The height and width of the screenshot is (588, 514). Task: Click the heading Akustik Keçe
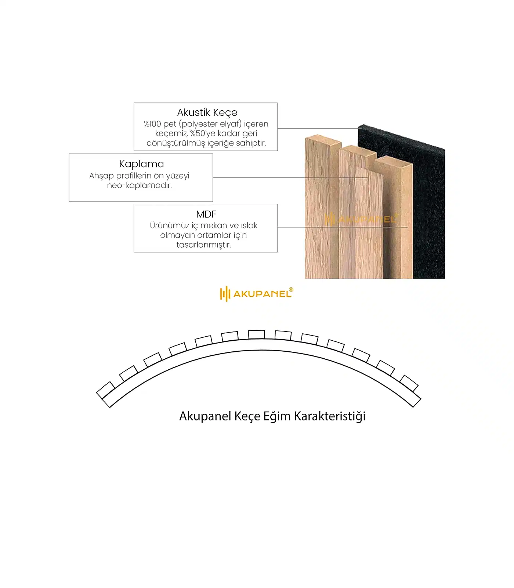click(207, 112)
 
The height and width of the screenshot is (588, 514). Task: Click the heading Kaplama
click(141, 164)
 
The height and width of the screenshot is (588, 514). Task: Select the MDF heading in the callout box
click(206, 214)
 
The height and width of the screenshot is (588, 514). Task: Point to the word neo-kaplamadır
click(140, 185)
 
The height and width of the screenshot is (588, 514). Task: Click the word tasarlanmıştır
click(203, 245)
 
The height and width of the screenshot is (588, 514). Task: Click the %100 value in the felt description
click(152, 124)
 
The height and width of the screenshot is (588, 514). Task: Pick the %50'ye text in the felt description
click(203, 133)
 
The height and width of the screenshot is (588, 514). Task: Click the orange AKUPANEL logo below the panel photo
click(256, 294)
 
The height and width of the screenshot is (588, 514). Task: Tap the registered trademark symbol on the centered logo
click(291, 290)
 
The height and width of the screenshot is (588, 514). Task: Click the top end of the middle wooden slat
click(358, 150)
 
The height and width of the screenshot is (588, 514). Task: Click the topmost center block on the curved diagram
click(256, 334)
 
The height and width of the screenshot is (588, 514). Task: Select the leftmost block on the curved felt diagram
click(106, 390)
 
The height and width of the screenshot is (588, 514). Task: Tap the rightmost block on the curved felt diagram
click(409, 383)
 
